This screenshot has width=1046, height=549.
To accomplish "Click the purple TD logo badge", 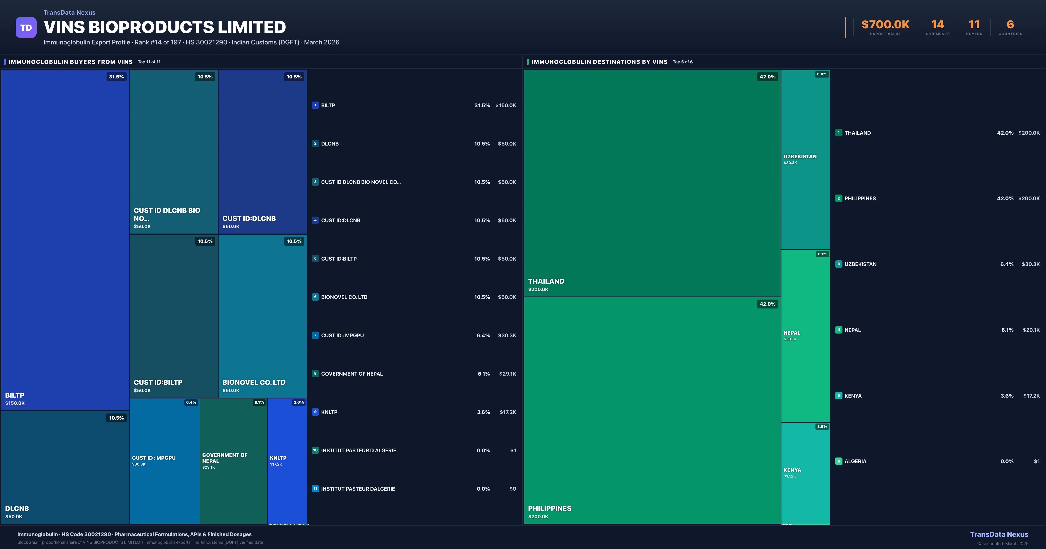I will [x=26, y=28].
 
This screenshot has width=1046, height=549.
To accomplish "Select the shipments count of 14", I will [x=937, y=25].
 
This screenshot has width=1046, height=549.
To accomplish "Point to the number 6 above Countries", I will [x=1010, y=25].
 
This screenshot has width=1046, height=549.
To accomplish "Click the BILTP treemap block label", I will [x=15, y=395].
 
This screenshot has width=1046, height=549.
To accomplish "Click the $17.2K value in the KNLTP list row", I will [x=508, y=412].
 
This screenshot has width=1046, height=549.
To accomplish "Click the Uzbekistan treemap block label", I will [x=800, y=157].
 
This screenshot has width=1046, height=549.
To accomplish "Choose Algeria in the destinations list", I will [x=855, y=461].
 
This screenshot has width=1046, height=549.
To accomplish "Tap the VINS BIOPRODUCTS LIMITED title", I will [x=165, y=27].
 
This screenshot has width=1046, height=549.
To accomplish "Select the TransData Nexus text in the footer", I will [x=999, y=534].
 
